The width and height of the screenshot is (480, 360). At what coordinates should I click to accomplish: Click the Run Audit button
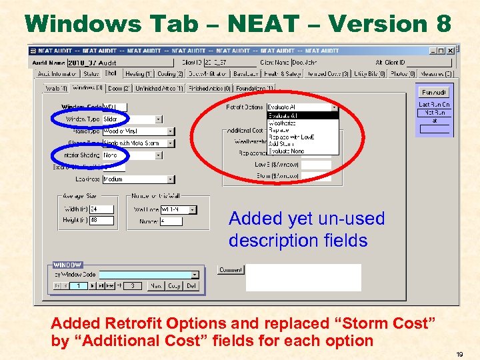pyautogui.click(x=435, y=92)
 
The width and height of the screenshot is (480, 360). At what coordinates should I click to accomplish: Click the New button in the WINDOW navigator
pyautogui.click(x=155, y=286)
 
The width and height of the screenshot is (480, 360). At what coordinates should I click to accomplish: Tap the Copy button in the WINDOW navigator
pyautogui.click(x=175, y=286)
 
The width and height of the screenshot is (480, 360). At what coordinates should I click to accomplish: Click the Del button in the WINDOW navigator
pyautogui.click(x=191, y=286)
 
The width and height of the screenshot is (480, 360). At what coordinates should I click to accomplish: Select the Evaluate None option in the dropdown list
pyautogui.click(x=286, y=151)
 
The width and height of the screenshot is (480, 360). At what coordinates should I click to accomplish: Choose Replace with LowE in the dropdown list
pyautogui.click(x=291, y=137)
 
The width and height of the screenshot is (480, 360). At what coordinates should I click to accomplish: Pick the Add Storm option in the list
pyautogui.click(x=281, y=144)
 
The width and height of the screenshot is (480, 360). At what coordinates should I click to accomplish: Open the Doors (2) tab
pyautogui.click(x=119, y=88)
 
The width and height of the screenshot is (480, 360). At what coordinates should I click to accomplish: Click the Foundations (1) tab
pyautogui.click(x=254, y=88)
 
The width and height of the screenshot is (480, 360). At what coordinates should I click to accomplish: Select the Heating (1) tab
pyautogui.click(x=139, y=74)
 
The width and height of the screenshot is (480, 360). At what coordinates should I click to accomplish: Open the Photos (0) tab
pyautogui.click(x=403, y=74)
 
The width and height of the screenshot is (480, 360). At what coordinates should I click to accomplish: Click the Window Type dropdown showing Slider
pyautogui.click(x=131, y=119)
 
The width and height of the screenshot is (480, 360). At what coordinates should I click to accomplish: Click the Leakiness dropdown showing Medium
pyautogui.click(x=138, y=179)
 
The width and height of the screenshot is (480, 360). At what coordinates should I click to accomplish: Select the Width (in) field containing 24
pyautogui.click(x=101, y=209)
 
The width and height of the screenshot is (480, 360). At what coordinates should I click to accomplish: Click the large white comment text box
pyautogui.click(x=303, y=277)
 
